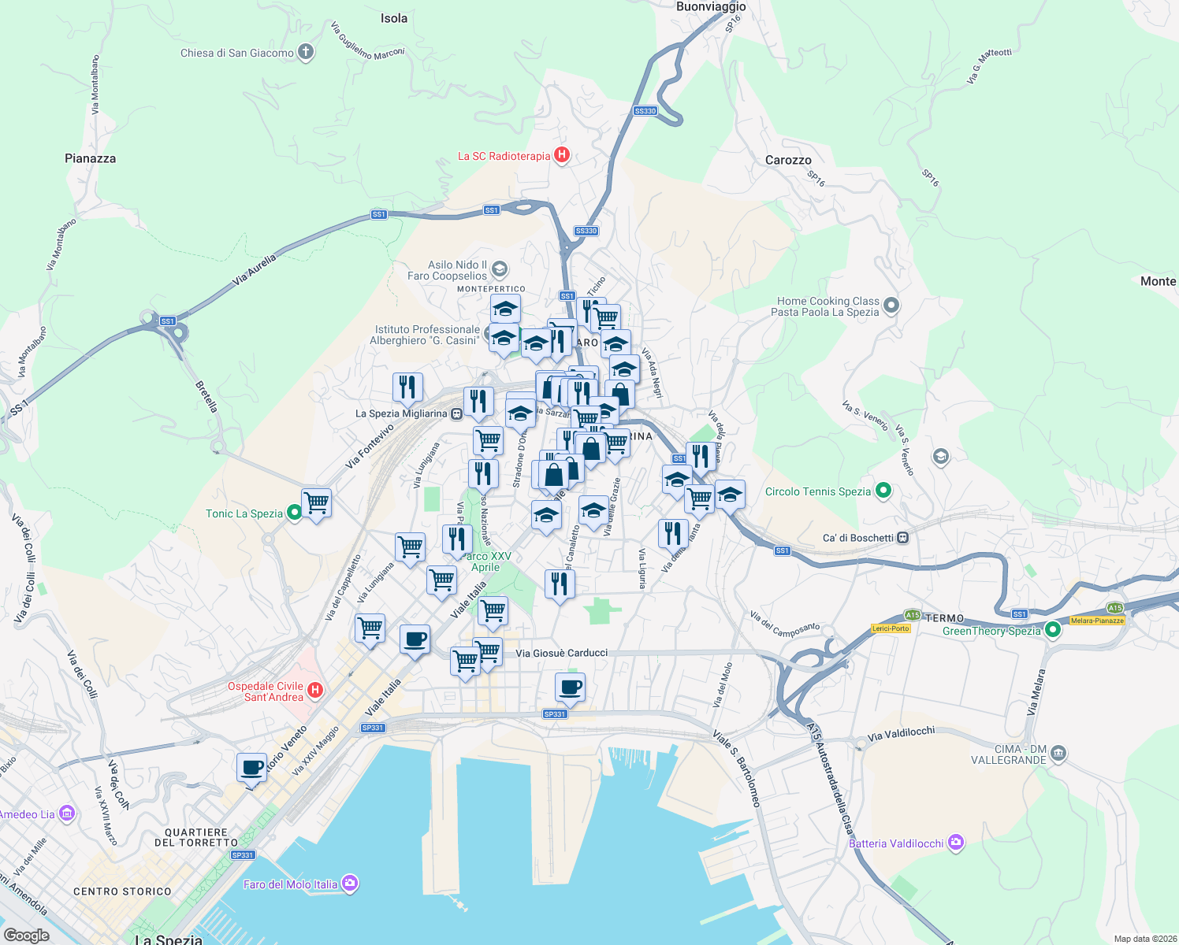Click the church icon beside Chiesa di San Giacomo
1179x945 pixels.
305,53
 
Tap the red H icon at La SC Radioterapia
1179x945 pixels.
562,155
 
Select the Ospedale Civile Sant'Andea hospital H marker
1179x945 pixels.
314,691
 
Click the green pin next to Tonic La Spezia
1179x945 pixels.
294,513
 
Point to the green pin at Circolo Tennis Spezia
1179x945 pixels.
883,491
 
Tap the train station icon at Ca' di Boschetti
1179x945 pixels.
903,538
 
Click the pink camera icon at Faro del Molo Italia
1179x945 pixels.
351,884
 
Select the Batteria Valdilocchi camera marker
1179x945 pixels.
956,843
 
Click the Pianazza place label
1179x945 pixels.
90,158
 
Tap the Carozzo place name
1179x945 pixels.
788,160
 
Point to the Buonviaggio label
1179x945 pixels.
711,7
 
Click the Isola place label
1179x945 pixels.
394,18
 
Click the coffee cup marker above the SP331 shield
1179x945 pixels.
570,687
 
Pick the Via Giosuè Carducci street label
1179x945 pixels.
561,653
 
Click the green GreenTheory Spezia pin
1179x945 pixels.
1053,630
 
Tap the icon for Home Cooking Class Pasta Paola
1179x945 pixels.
891,305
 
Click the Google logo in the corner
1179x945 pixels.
26,935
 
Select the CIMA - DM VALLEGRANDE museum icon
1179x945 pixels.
1058,754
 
